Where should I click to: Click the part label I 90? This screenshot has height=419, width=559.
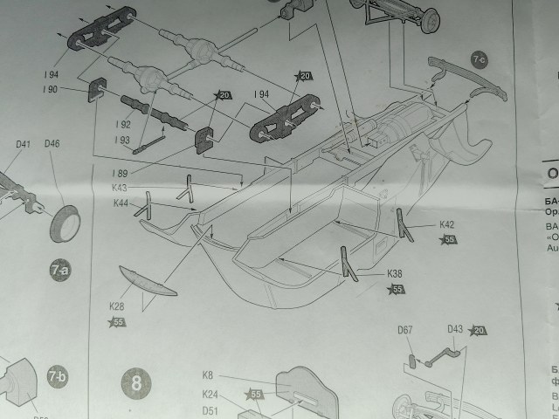tap(49, 89)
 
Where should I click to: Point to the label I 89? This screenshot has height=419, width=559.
tap(120, 173)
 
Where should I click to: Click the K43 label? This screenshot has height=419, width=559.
tap(120, 188)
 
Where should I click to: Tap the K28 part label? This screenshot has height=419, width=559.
tap(117, 306)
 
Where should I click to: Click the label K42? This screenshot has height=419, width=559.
tap(446, 224)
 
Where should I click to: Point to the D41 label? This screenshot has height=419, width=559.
tap(23, 145)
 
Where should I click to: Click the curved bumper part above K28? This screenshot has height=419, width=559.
tap(146, 280)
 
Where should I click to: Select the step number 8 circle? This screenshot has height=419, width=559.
tap(136, 381)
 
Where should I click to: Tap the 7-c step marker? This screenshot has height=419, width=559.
tap(480, 59)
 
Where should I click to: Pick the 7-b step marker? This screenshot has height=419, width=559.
tap(56, 377)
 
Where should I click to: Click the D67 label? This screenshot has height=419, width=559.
tap(405, 330)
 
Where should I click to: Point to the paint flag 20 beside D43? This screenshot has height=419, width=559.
tap(479, 331)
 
